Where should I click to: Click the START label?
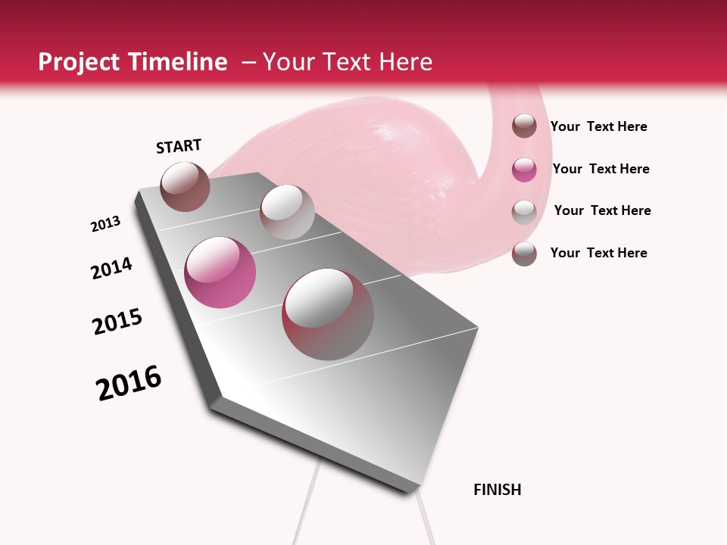pos(179,146)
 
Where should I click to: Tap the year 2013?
pos(105,224)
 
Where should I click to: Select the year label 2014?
pos(111,268)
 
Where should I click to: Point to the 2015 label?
pos(117,322)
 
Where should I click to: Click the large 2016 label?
pos(129,383)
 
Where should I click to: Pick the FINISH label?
pos(498,490)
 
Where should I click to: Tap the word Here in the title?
pos(405,62)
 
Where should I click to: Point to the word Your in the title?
pos(289,62)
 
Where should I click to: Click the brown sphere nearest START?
pos(185,186)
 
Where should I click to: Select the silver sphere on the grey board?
pos(287,212)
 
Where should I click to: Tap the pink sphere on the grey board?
pos(220,272)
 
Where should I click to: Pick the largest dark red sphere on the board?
pos(328,314)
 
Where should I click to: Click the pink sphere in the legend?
pos(524,169)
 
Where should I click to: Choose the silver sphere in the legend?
pos(524,211)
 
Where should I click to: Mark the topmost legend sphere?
pos(524,126)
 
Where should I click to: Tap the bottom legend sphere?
pos(524,254)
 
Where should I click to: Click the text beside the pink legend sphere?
pos(601,169)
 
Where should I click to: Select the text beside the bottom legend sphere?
pos(598,253)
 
